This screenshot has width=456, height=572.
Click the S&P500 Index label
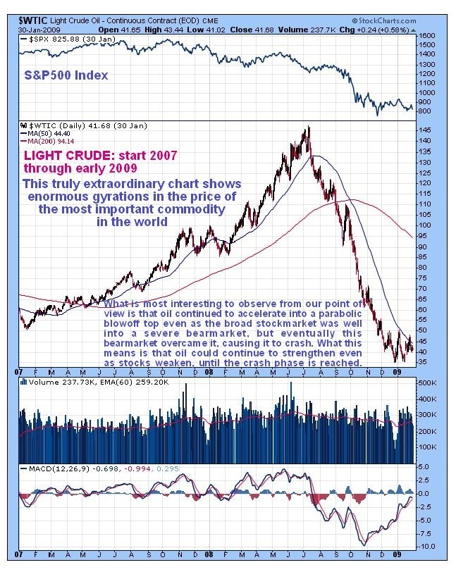point(66,75)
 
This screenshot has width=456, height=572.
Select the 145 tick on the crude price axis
point(425,130)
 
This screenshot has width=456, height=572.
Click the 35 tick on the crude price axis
point(423,362)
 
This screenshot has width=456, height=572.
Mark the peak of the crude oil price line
point(308,128)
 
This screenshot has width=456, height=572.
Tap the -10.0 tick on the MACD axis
point(426,546)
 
